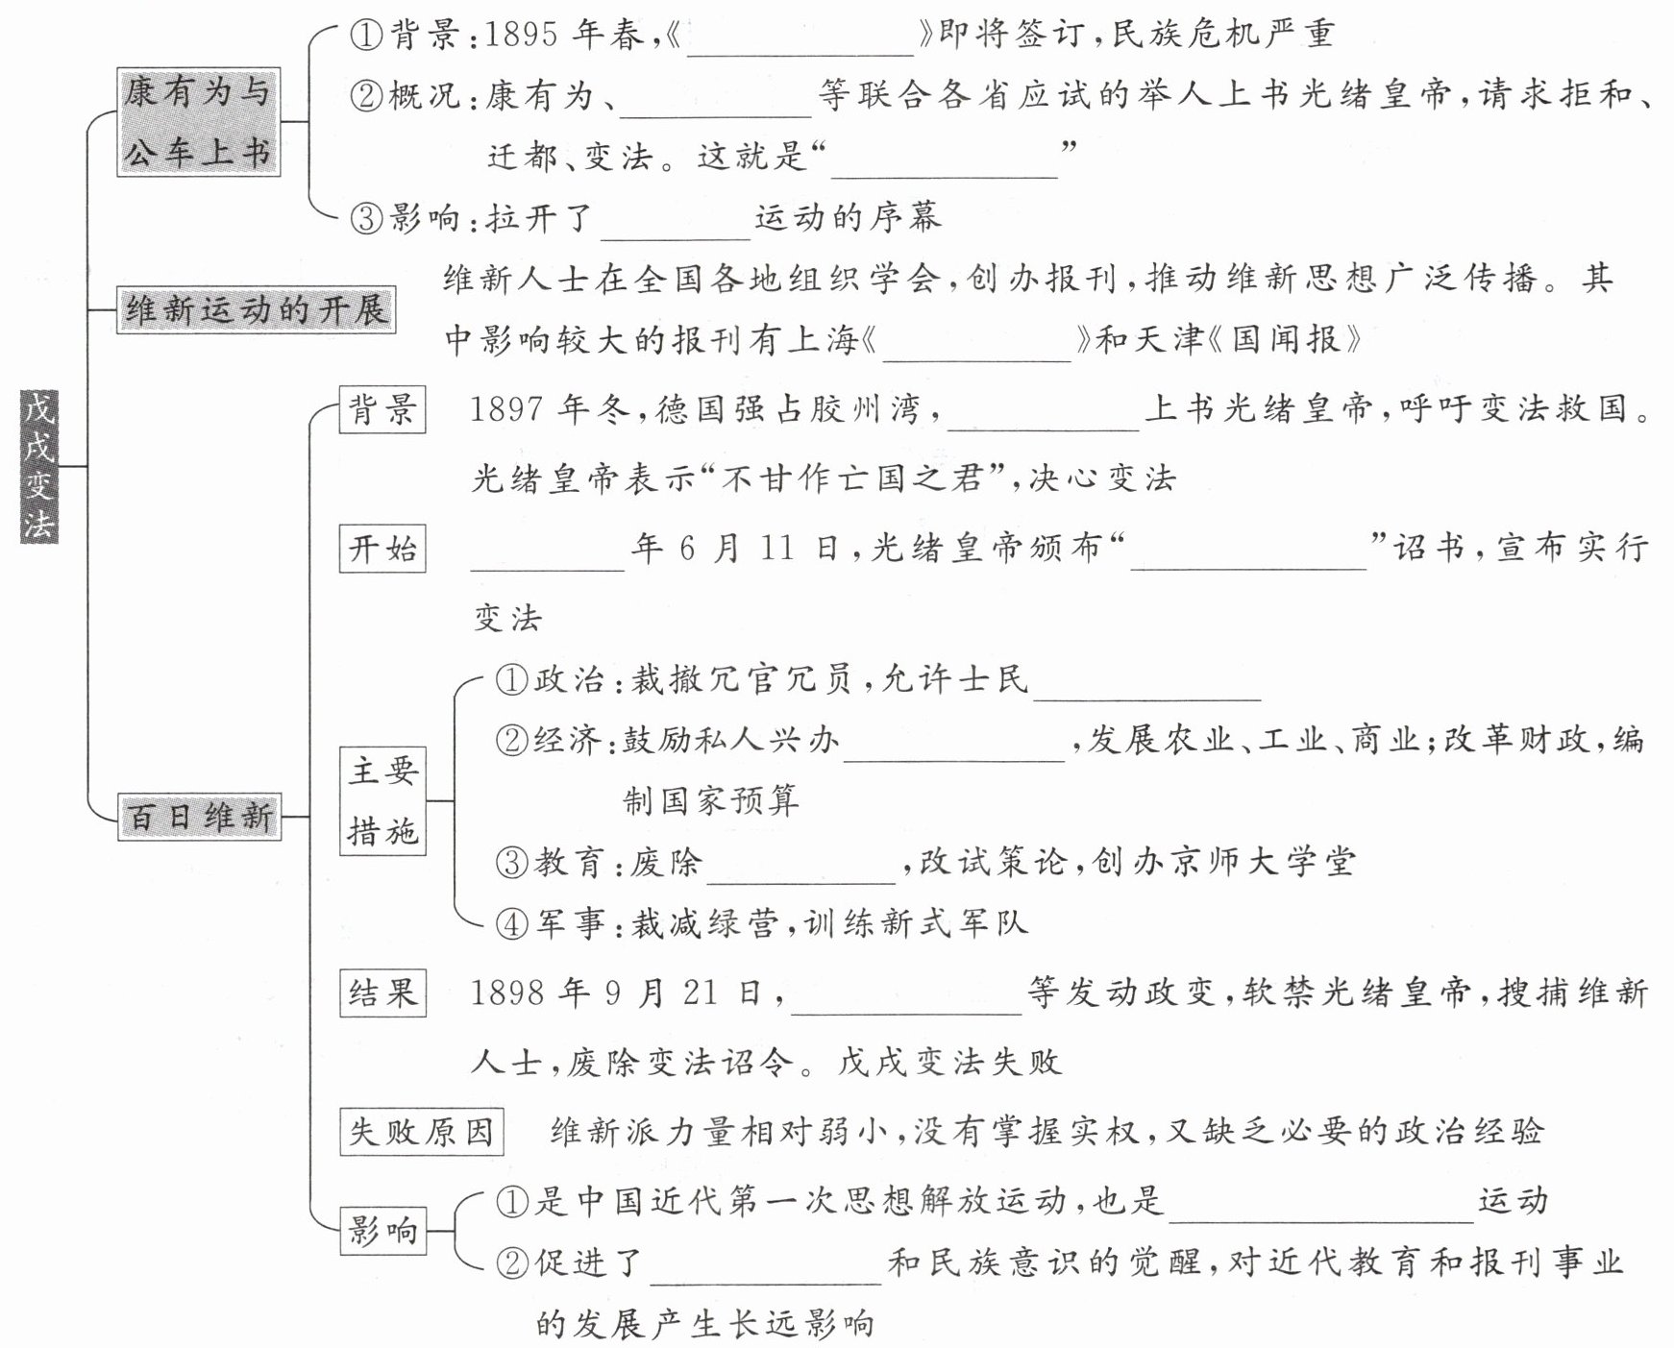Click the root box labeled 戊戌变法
(39, 466)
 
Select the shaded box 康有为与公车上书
(198, 122)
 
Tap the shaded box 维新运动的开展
(256, 310)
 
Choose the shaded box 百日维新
(200, 818)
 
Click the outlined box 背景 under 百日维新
(382, 410)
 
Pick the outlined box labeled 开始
(382, 549)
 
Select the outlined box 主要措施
(382, 801)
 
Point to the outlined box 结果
(382, 993)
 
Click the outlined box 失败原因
(422, 1132)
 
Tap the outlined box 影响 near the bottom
(382, 1230)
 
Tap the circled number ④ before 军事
(512, 924)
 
